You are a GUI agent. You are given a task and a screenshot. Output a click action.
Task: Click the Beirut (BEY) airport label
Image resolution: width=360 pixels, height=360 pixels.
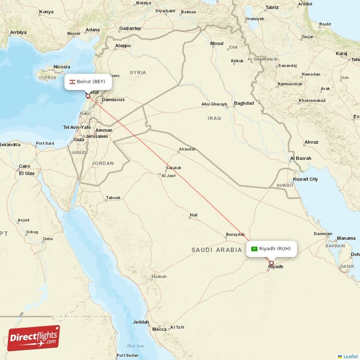point(91,81)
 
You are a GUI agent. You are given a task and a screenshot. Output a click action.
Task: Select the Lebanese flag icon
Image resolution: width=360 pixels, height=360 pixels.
point(72,82)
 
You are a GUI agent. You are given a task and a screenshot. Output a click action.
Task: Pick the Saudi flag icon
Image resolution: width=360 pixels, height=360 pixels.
point(254,249)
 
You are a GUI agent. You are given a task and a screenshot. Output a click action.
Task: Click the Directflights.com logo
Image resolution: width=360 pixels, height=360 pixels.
point(33,338)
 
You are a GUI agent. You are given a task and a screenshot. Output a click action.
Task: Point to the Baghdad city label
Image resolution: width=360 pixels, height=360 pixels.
point(244,103)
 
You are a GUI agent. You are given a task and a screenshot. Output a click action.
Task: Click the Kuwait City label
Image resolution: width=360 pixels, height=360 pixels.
point(305,179)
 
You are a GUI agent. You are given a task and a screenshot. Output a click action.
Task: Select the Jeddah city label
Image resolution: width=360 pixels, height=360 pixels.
point(141,322)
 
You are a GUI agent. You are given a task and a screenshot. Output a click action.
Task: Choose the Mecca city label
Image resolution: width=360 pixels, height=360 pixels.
point(159,329)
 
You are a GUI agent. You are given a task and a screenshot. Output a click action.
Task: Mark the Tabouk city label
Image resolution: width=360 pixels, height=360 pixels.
point(113,198)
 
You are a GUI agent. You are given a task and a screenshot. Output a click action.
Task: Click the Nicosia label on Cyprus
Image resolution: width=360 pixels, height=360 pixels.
point(62,67)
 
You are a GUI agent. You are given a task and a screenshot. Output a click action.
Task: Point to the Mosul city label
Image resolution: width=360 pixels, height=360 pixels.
point(217,44)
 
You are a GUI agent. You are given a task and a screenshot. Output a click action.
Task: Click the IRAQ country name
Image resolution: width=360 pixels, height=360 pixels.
point(214,118)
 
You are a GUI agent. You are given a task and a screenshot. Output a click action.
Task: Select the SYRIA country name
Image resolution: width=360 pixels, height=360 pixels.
point(138,72)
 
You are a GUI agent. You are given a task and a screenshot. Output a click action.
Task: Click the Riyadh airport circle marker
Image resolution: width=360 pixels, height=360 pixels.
point(271,263)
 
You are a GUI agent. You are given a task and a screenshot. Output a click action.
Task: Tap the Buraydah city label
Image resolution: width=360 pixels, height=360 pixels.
point(235,234)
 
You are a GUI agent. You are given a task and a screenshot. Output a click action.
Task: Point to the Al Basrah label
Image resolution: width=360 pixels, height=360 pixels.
point(300,158)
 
